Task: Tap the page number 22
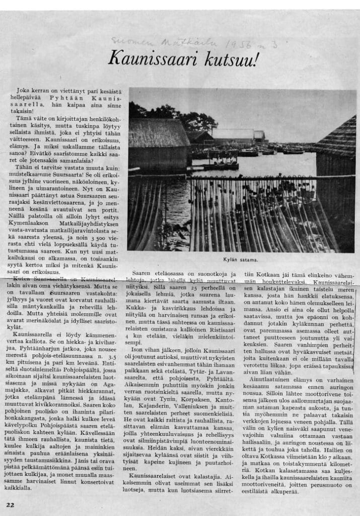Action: (x=11, y=504)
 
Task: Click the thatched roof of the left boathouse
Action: (x=159, y=134)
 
